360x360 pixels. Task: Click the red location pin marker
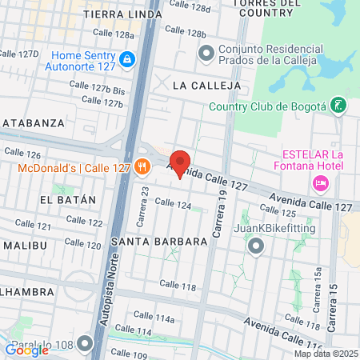(180, 163)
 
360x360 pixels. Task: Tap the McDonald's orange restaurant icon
(142, 167)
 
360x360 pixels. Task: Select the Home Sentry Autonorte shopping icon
(126, 59)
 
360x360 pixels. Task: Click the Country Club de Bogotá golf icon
(339, 106)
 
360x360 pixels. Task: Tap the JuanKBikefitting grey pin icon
(256, 246)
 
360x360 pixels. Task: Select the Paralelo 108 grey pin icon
(86, 346)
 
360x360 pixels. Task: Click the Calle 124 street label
(173, 204)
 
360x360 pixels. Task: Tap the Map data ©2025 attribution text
(326, 354)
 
